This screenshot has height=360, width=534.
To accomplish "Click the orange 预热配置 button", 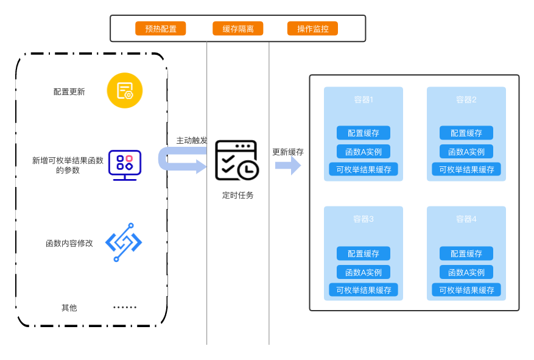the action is (x=160, y=29).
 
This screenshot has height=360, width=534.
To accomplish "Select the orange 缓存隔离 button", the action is (x=237, y=29).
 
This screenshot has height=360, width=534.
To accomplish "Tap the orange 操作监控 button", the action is (x=312, y=29).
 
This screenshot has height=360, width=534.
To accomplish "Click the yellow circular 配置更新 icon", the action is (x=125, y=91).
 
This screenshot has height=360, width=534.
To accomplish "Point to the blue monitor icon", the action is (x=125, y=165).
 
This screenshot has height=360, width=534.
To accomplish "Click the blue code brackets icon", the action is (x=124, y=242).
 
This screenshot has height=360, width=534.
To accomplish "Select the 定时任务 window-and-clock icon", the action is (x=237, y=160).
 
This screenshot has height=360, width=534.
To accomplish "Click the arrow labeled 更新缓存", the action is (x=288, y=166).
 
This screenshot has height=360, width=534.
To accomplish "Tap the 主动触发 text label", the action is (x=192, y=140).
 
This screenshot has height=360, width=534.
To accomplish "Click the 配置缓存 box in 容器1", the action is (x=364, y=133).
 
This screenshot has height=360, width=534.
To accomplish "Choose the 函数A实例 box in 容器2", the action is (x=466, y=152).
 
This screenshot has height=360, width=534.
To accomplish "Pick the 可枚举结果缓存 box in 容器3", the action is (x=364, y=290).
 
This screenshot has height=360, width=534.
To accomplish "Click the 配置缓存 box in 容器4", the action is (x=466, y=253).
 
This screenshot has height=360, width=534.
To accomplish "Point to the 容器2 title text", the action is (x=466, y=99).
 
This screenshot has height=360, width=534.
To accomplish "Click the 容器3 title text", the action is (x=364, y=219).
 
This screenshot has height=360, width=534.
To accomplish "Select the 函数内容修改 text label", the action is (x=69, y=243).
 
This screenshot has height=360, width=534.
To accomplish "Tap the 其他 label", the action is (x=69, y=308).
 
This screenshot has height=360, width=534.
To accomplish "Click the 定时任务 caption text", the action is (x=237, y=195).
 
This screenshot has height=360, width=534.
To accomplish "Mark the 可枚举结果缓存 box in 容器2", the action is (x=466, y=169).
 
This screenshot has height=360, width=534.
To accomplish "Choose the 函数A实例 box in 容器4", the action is (x=466, y=272).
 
